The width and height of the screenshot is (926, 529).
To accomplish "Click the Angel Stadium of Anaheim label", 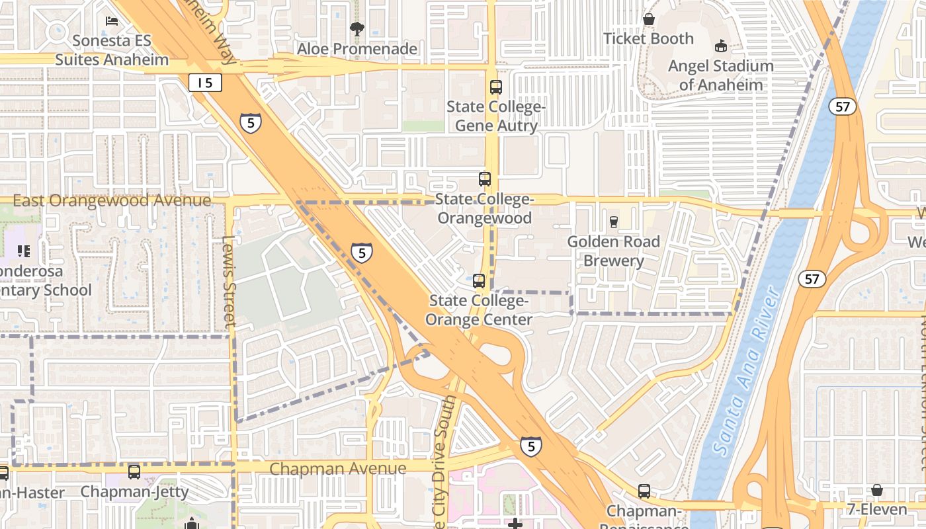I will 720,75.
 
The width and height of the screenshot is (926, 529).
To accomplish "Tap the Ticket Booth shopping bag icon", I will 649,20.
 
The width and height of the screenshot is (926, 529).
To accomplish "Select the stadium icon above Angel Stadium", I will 720,46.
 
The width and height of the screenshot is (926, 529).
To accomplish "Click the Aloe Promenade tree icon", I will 357,29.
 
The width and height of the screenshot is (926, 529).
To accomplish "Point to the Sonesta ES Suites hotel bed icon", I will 112,21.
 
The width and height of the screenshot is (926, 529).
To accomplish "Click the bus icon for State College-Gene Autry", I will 495,87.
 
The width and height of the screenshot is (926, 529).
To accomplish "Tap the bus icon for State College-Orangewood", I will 485,179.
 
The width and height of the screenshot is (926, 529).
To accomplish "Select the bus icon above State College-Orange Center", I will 479,280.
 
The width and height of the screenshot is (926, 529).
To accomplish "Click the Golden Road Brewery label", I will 613,251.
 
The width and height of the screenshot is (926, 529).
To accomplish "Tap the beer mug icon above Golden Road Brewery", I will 613,222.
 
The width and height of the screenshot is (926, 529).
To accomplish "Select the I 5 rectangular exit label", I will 205,83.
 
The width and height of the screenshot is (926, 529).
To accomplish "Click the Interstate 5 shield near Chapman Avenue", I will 530,446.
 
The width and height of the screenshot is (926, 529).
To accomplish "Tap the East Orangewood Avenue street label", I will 112,200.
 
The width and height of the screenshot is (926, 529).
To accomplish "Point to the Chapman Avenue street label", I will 338,469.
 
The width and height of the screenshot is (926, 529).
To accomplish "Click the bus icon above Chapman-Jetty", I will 134,471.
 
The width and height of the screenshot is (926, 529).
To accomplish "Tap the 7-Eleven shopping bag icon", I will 876,490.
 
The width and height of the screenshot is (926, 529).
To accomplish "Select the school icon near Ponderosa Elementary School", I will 24,251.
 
